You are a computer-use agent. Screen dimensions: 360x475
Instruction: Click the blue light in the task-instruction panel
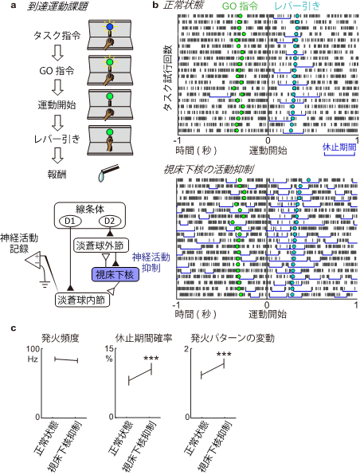coord(110,27)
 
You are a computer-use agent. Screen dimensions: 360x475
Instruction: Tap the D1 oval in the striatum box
coord(69,221)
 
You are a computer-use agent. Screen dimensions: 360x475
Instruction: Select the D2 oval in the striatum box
coord(109,221)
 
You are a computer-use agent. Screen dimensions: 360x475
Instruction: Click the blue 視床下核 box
coord(115,275)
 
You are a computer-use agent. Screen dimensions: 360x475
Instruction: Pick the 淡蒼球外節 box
coord(100,245)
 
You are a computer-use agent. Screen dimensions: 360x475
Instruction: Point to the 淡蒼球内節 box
coord(81,300)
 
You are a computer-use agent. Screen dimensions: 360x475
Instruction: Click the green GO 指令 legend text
coord(240,6)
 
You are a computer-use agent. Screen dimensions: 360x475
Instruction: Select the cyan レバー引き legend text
coord(297,6)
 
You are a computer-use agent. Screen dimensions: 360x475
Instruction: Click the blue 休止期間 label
coord(339,147)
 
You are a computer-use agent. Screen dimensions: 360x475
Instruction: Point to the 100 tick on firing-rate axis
coord(33,349)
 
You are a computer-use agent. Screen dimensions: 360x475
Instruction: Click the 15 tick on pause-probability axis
coord(109,349)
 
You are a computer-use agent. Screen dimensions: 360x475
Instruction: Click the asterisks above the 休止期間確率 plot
coord(151,359)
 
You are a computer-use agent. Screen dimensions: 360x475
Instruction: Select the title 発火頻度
coord(61,338)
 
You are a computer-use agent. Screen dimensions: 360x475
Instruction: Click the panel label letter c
coord(14,328)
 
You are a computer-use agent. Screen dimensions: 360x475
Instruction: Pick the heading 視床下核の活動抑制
coord(209,169)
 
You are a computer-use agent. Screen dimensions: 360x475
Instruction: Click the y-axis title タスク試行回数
coord(167,77)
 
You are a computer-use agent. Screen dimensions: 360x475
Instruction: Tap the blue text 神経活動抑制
coord(151,263)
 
